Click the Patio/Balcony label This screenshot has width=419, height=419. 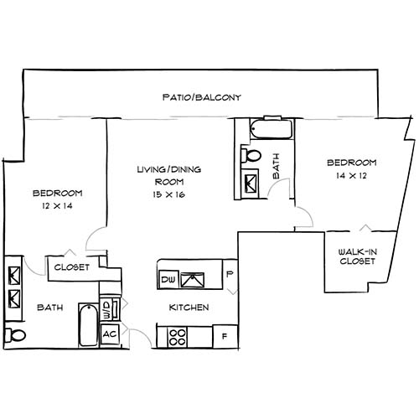tap(201, 98)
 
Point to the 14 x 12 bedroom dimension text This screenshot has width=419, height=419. tap(351, 177)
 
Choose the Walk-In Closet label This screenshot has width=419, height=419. tap(356, 256)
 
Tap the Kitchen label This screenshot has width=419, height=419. tap(189, 308)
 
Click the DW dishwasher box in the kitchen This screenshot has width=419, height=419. tap(167, 278)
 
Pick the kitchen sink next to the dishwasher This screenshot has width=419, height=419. tap(197, 277)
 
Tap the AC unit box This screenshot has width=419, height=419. tap(109, 333)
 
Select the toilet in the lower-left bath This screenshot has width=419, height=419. tap(11, 336)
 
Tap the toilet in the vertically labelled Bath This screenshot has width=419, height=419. tap(251, 156)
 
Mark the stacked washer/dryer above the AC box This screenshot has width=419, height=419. tap(108, 308)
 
